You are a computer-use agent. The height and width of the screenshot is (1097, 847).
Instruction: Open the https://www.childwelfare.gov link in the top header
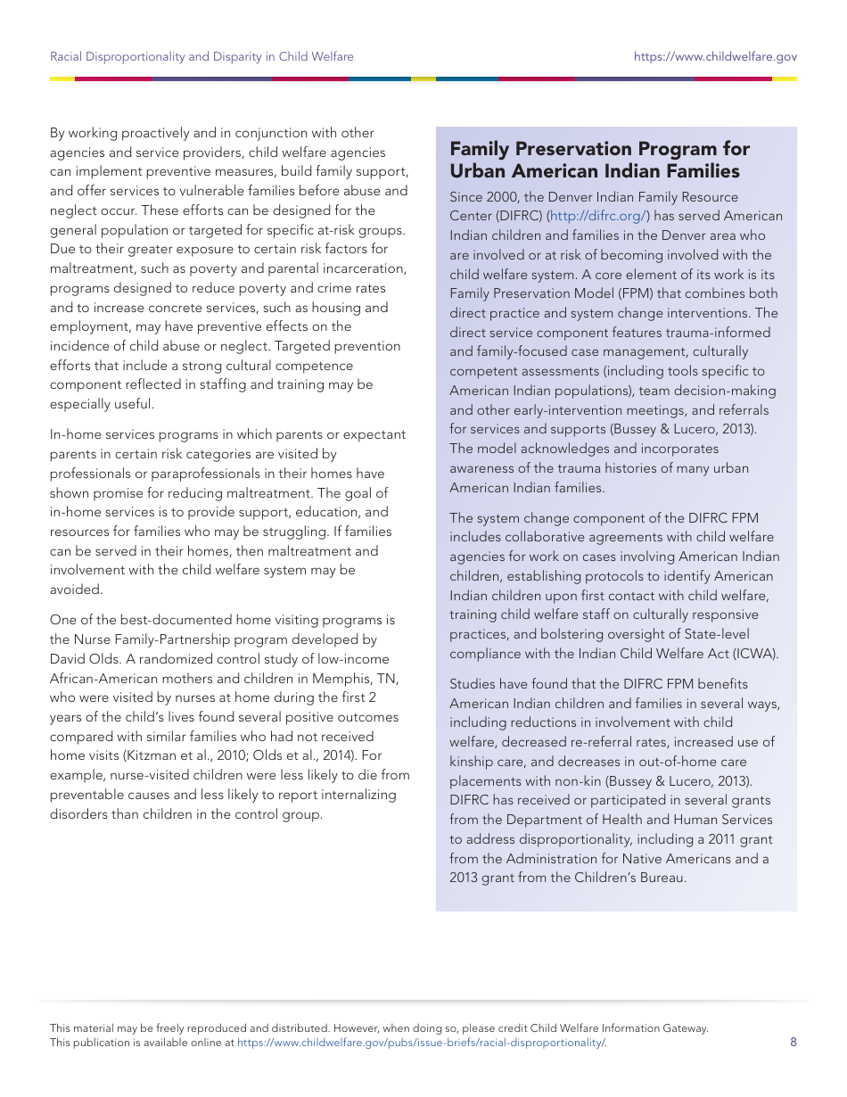[715, 56]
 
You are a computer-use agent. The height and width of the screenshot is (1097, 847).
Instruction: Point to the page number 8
[793, 1042]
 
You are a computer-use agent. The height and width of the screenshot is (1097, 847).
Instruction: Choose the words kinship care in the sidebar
[486, 762]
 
